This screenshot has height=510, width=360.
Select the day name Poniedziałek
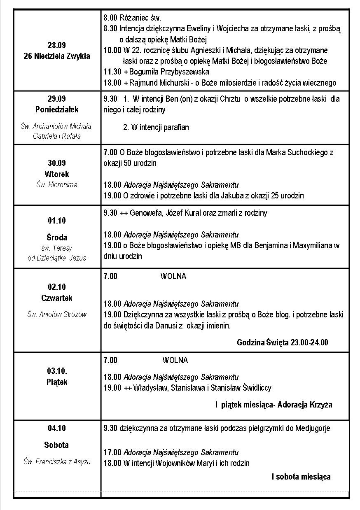pyautogui.click(x=57, y=110)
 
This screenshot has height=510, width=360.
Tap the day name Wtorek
pyautogui.click(x=57, y=174)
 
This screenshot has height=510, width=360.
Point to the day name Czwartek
pyautogui.click(x=57, y=298)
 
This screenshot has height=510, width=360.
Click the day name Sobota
pyautogui.click(x=56, y=445)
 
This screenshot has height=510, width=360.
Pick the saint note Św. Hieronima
pyautogui.click(x=57, y=185)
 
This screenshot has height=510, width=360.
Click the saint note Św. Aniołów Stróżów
pyautogui.click(x=57, y=314)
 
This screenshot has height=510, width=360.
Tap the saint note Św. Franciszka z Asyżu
pyautogui.click(x=57, y=462)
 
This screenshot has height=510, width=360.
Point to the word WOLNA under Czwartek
pyautogui.click(x=173, y=277)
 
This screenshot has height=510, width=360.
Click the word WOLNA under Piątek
pyautogui.click(x=175, y=361)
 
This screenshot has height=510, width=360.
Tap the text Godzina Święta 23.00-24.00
pyautogui.click(x=283, y=342)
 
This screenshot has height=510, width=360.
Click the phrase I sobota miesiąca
pyautogui.click(x=301, y=477)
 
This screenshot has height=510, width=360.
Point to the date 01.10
pyautogui.click(x=57, y=221)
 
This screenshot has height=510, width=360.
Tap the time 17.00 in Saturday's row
pyautogui.click(x=112, y=452)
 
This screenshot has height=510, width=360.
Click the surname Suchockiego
pyautogui.click(x=306, y=152)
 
